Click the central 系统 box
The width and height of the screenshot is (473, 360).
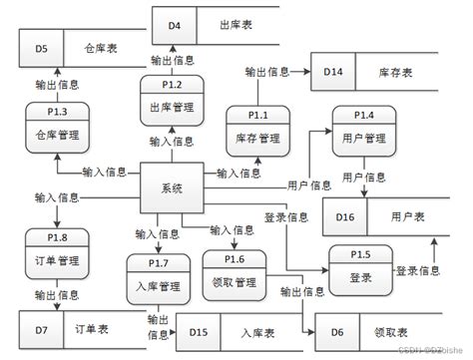click(172, 187)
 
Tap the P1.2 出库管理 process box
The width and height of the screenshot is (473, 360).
click(173, 100)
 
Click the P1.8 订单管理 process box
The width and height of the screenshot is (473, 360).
click(56, 254)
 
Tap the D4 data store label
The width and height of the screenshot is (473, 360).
click(174, 25)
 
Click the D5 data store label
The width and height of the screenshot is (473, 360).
click(41, 47)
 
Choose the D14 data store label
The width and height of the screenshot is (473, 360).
click(333, 71)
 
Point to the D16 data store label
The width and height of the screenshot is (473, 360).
click(344, 215)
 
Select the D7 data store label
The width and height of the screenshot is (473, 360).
click(40, 327)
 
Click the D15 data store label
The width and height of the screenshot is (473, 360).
click(198, 330)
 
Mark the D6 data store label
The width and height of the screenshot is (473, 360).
click(337, 330)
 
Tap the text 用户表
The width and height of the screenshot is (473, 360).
click(406, 215)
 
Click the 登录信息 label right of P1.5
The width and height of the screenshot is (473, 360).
click(417, 270)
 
